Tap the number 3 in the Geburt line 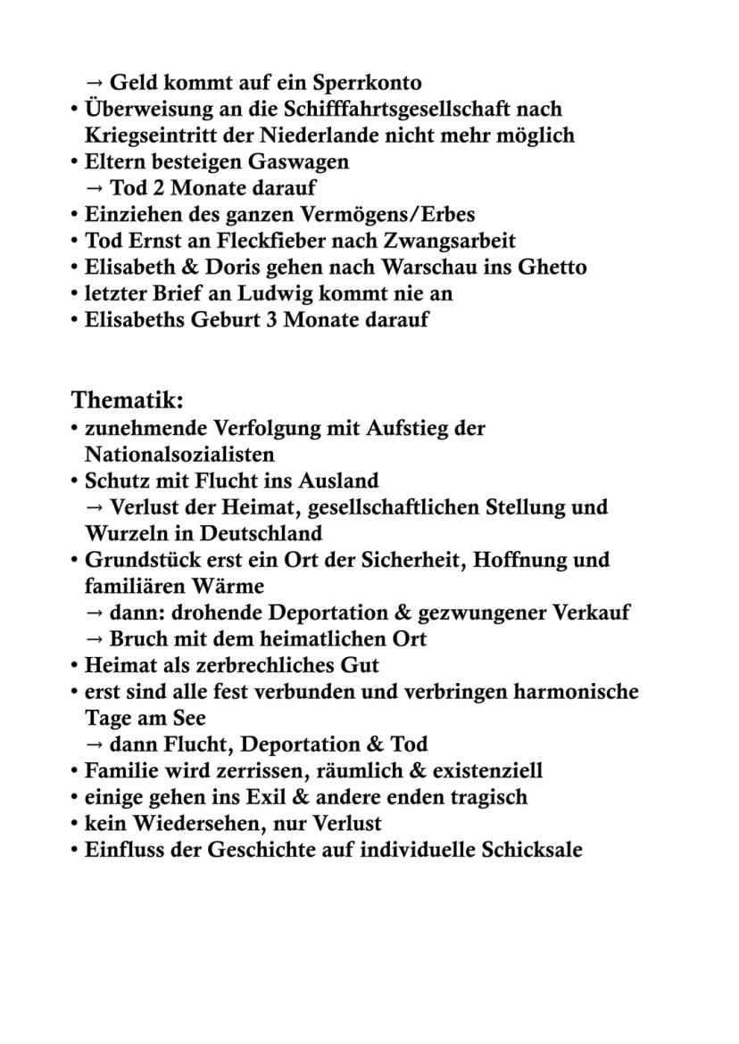pos(272,320)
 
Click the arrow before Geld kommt pos(94,83)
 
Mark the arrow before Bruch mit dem pos(94,639)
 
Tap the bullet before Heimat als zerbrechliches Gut pos(75,665)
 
